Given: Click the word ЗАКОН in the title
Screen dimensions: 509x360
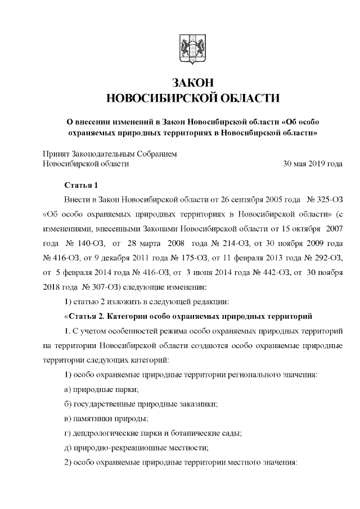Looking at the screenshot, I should [x=186, y=83].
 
